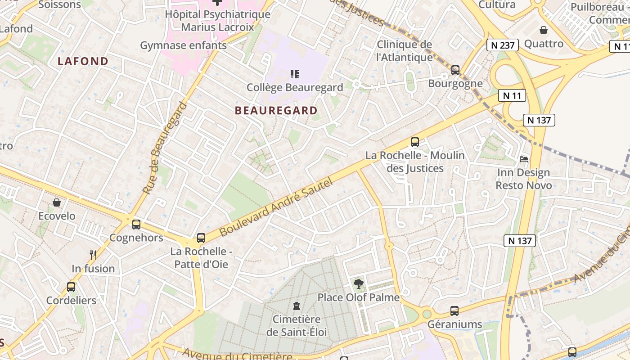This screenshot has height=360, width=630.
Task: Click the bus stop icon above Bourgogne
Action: (x=455, y=70)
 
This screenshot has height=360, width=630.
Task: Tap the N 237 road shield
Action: (x=503, y=45)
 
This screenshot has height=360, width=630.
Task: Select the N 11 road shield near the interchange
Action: (x=512, y=95)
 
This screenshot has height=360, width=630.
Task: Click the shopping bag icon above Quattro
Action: (x=544, y=30)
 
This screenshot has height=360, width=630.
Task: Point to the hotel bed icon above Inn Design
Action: (x=524, y=159)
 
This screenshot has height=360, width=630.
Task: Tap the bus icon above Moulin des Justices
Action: (x=415, y=142)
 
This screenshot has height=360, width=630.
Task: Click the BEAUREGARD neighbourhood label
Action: (x=276, y=110)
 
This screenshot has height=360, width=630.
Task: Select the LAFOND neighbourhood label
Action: (x=83, y=61)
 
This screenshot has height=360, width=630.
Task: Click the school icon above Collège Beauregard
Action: (x=295, y=74)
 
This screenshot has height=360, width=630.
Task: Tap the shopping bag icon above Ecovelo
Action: (x=57, y=202)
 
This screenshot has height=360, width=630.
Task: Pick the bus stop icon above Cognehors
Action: (x=136, y=224)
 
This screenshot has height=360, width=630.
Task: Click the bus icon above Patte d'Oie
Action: (x=201, y=238)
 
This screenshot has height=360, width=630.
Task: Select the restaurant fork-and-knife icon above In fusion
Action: (x=93, y=255)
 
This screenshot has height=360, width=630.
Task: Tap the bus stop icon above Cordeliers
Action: (x=71, y=287)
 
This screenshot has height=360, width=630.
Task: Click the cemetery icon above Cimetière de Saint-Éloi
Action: (x=296, y=306)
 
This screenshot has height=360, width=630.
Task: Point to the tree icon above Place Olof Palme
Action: (x=358, y=284)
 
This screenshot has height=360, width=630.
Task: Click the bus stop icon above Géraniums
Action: (x=454, y=310)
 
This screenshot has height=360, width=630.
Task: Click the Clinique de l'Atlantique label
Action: (x=404, y=51)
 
